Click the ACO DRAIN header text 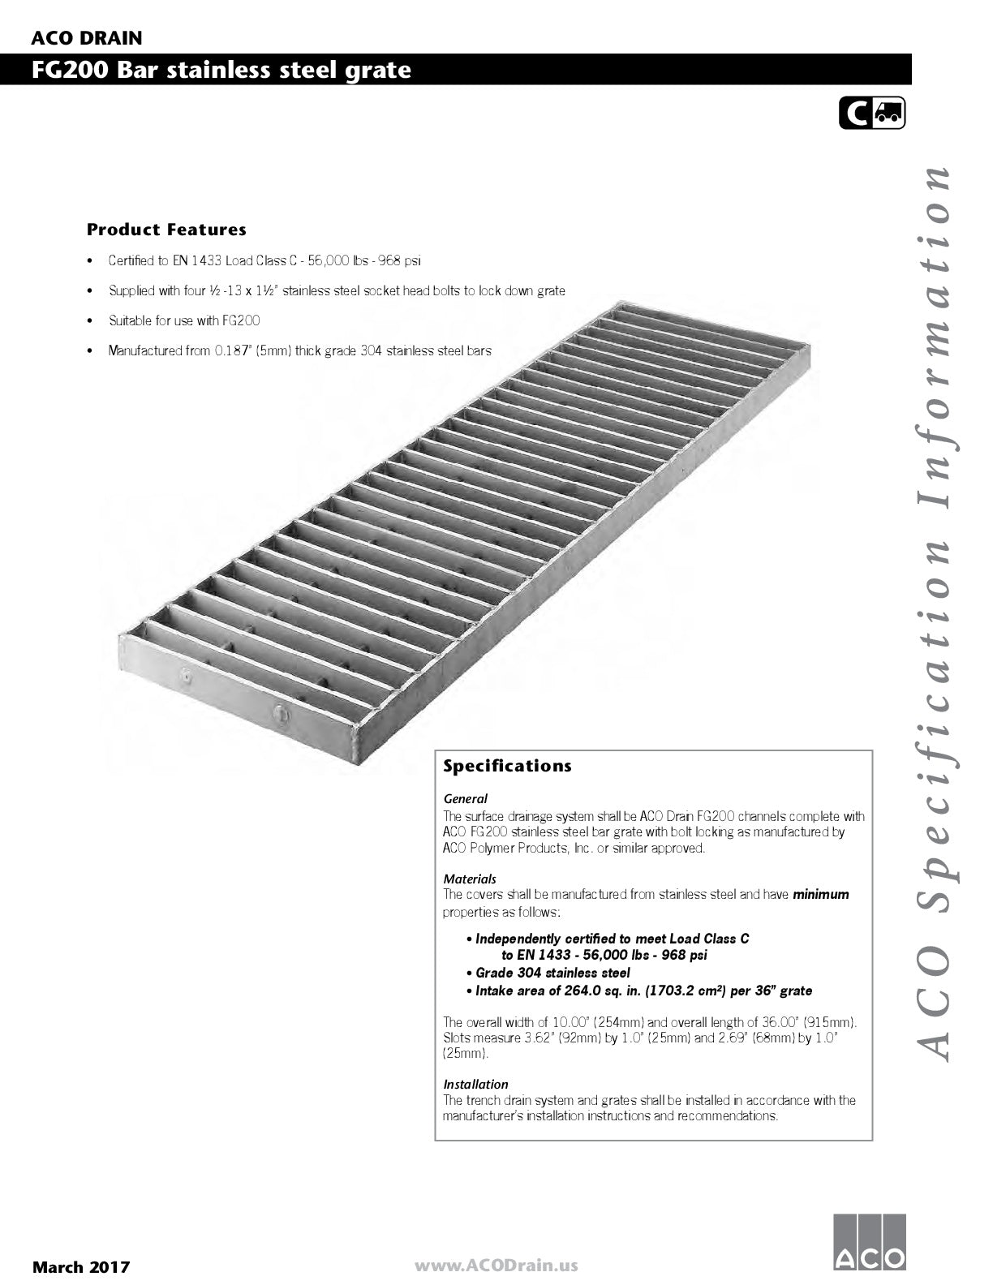click(x=87, y=38)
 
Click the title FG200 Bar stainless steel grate click(x=221, y=71)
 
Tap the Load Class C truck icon click(x=872, y=114)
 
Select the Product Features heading click(x=166, y=230)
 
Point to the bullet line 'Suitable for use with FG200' click(x=184, y=320)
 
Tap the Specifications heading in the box click(x=507, y=766)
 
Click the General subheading click(x=465, y=798)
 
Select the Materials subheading click(x=470, y=879)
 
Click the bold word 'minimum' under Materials click(x=821, y=895)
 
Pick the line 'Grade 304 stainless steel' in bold click(x=552, y=973)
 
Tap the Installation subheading click(x=475, y=1084)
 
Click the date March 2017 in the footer click(x=80, y=1266)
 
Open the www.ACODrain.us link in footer click(x=496, y=1265)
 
